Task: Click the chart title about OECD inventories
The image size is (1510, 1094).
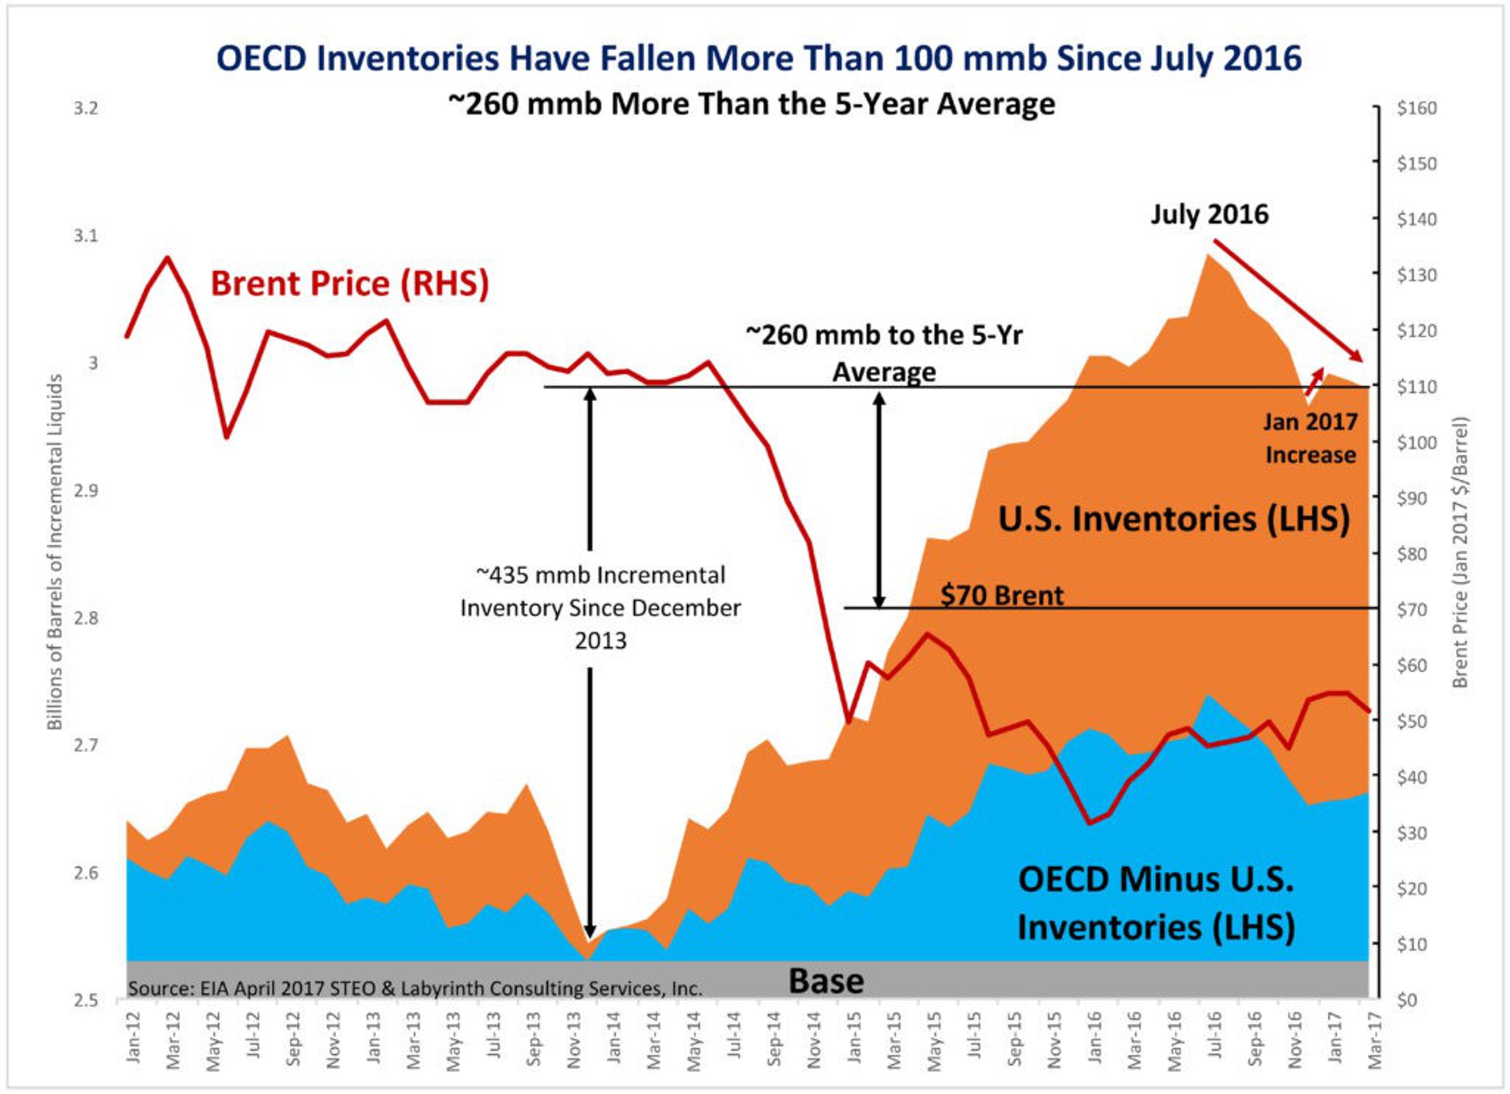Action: point(759,58)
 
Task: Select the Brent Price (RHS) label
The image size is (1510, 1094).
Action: point(349,283)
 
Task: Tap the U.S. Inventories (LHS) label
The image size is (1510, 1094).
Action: point(1174,519)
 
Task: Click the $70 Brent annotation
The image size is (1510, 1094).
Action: point(1001,595)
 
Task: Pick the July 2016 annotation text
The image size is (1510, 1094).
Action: point(1209,214)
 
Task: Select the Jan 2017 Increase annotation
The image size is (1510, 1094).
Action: point(1310,438)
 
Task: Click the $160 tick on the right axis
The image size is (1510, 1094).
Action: point(1417,108)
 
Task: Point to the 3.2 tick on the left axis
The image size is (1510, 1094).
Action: point(86,108)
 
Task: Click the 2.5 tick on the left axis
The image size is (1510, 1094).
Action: point(86,1000)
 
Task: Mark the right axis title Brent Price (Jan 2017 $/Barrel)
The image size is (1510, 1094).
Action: point(1460,552)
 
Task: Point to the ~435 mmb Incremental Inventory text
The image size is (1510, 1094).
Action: point(601,607)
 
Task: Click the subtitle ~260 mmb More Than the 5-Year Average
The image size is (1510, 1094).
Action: point(751,104)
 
